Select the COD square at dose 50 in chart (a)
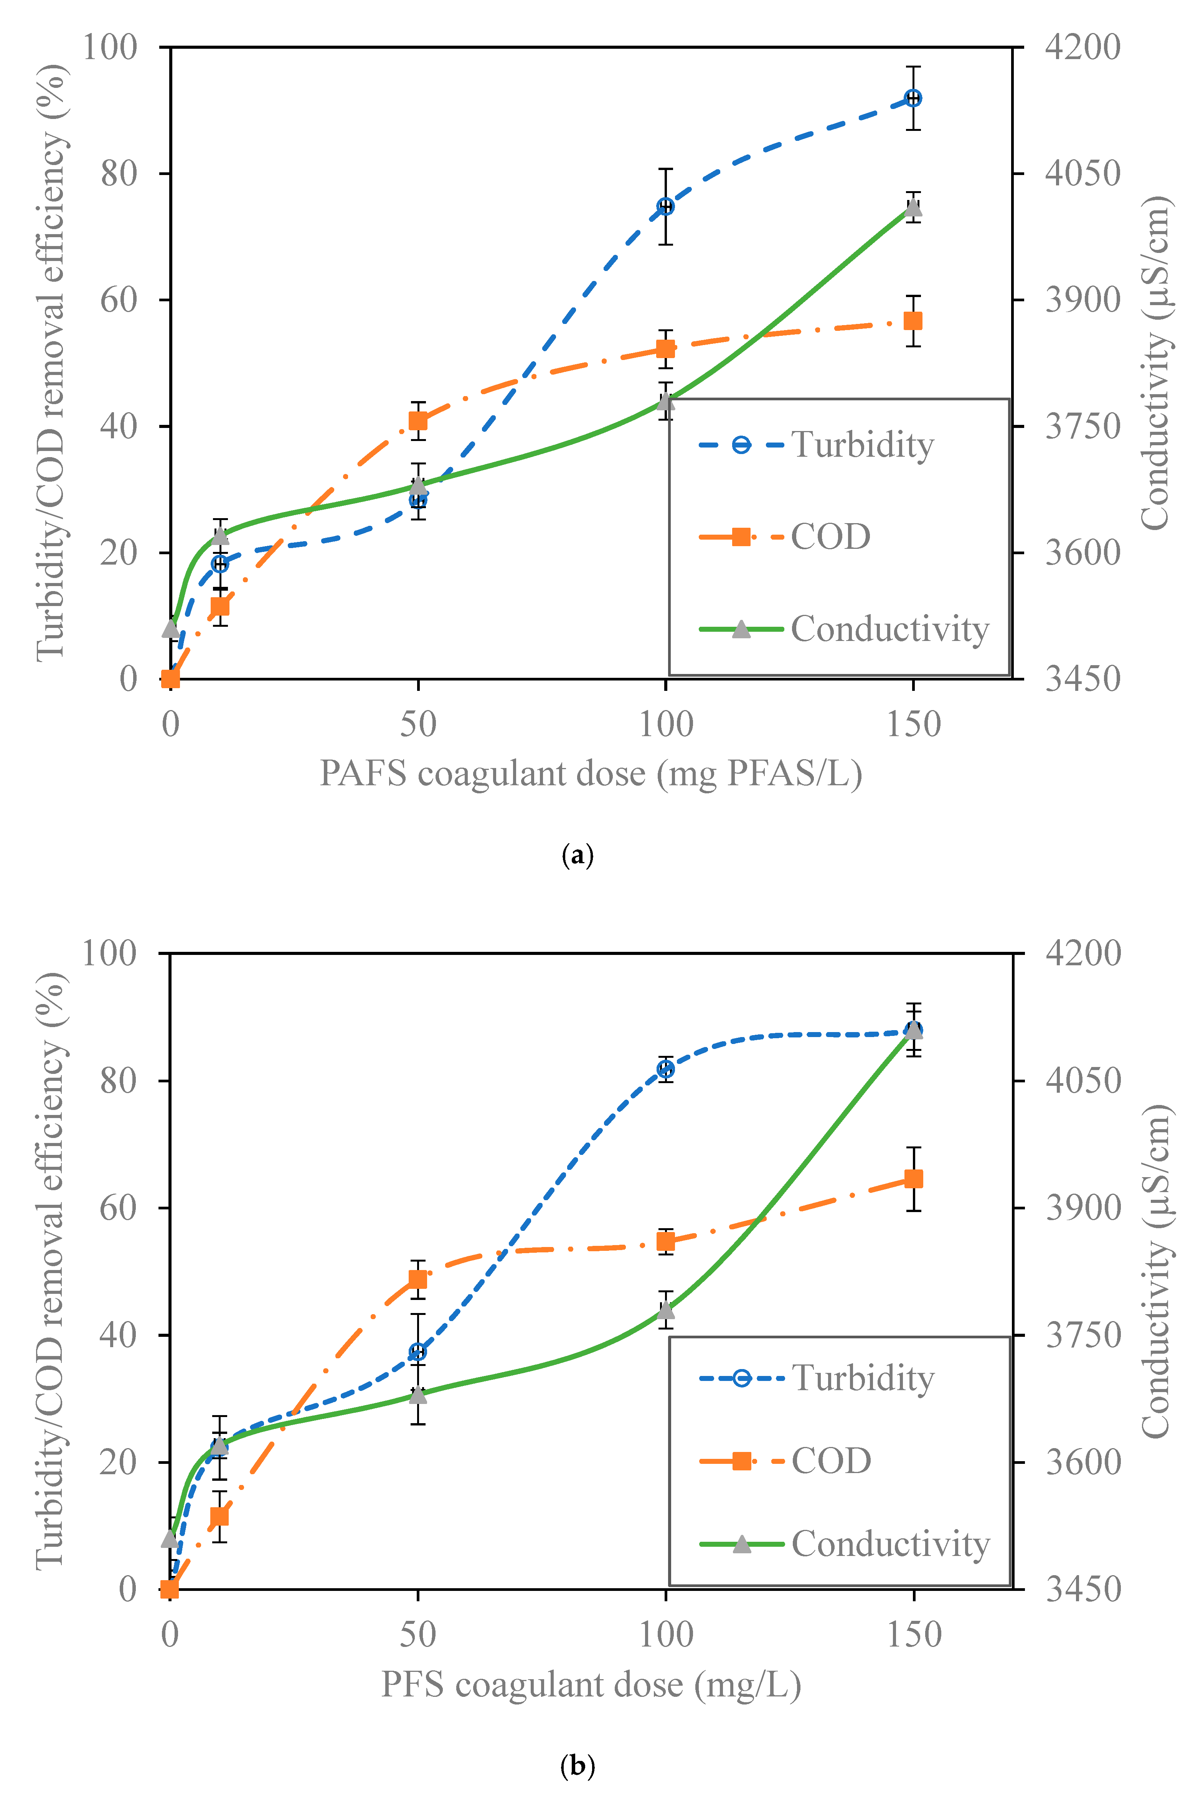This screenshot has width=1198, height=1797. (x=418, y=421)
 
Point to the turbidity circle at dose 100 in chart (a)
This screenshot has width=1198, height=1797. (x=665, y=206)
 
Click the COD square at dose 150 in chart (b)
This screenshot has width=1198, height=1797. (x=913, y=1179)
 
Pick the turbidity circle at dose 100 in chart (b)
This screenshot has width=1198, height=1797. (x=665, y=1069)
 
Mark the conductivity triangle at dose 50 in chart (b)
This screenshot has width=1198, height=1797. (x=418, y=1394)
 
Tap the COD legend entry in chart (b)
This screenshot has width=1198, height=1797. (x=785, y=1461)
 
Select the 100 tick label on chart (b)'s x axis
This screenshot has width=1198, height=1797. (x=665, y=1634)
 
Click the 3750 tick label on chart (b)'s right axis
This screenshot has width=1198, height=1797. (x=1082, y=1335)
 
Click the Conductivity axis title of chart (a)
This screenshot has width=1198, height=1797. (x=1155, y=363)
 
